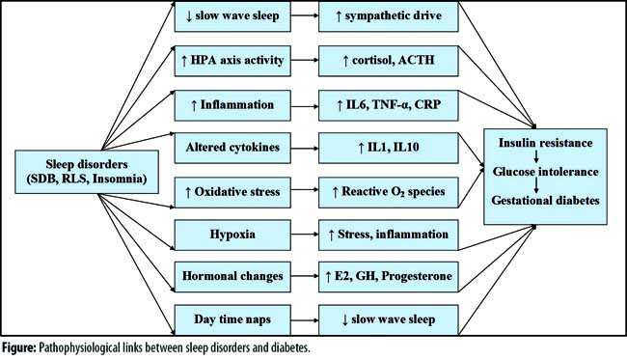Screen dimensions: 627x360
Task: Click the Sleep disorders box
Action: tap(87, 172)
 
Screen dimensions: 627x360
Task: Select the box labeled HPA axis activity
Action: tap(232, 61)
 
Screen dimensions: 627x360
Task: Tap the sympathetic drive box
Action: tap(389, 16)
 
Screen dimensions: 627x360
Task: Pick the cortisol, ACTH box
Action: tap(389, 61)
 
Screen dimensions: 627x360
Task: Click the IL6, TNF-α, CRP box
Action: tap(389, 105)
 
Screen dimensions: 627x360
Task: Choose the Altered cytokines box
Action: tap(232, 148)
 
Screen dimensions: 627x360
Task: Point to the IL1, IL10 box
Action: tap(389, 148)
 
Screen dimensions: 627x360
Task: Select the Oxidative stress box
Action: tap(232, 192)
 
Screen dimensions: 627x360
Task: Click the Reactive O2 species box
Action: tap(389, 192)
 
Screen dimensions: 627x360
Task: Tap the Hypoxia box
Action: tap(232, 235)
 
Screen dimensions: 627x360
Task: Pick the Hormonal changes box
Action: tap(232, 277)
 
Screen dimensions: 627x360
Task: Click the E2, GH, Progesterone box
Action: tap(389, 277)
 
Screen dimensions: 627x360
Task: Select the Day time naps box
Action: tap(232, 320)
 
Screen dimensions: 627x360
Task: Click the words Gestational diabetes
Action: tap(545, 200)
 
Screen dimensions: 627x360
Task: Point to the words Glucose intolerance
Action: tap(545, 172)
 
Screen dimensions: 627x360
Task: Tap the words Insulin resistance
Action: tap(545, 143)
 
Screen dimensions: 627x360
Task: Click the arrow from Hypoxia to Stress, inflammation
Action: tap(305, 235)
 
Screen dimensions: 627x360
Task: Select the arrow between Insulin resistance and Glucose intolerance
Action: tap(536, 156)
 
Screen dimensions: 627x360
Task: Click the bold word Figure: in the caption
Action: tap(18, 347)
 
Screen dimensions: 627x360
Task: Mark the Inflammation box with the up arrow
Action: tap(232, 105)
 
